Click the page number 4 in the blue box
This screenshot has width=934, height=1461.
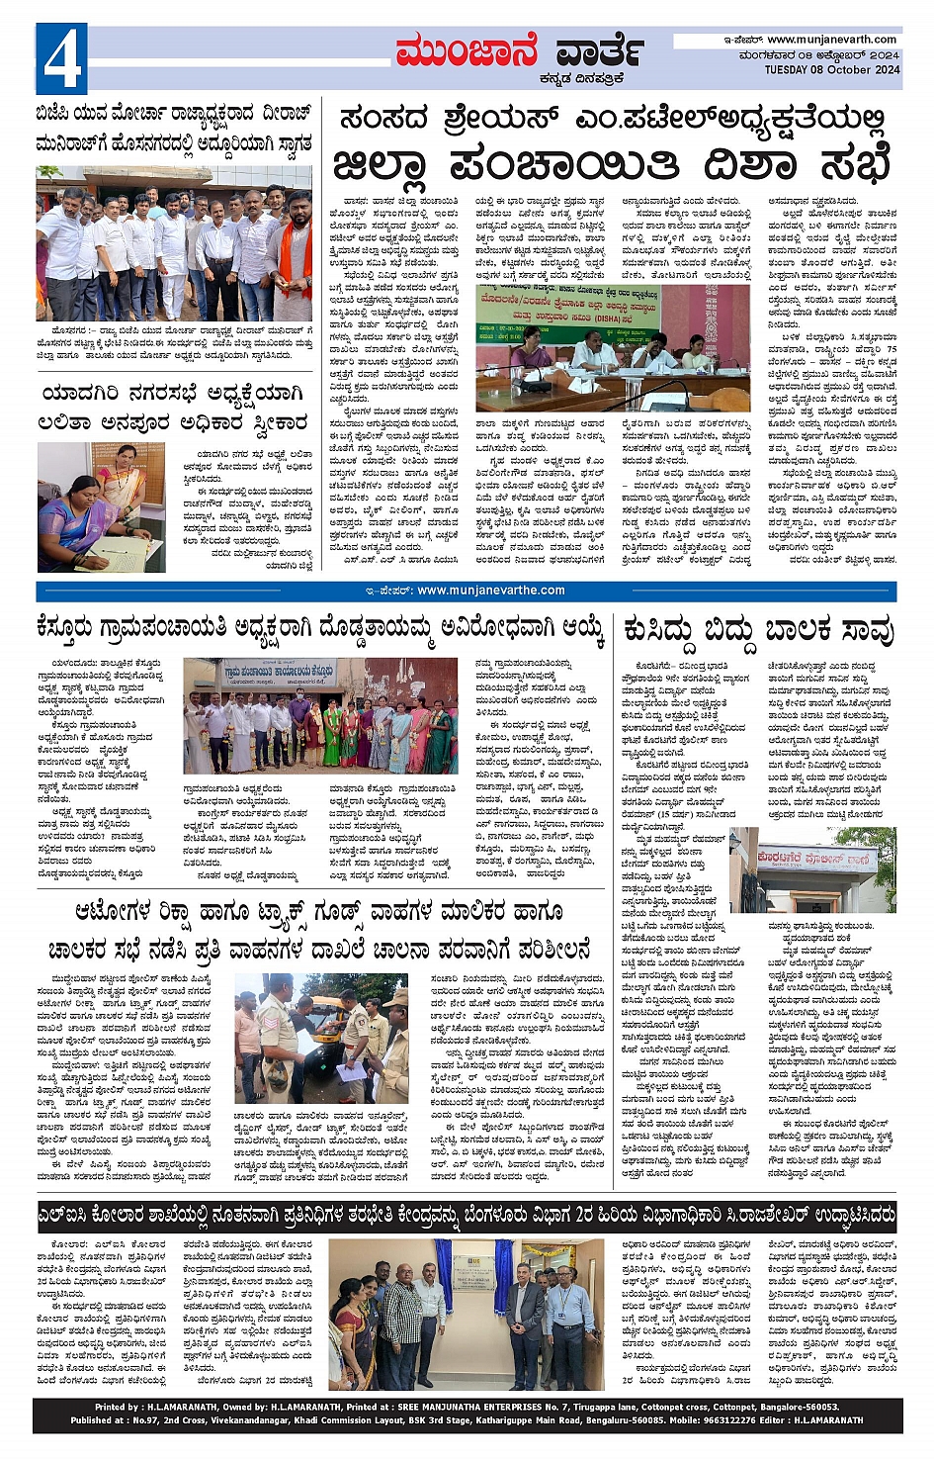[x=61, y=59]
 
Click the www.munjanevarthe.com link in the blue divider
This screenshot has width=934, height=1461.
[x=490, y=591]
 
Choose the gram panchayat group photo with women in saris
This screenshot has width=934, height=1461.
[x=320, y=716]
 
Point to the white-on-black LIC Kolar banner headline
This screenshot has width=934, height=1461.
[x=467, y=1215]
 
